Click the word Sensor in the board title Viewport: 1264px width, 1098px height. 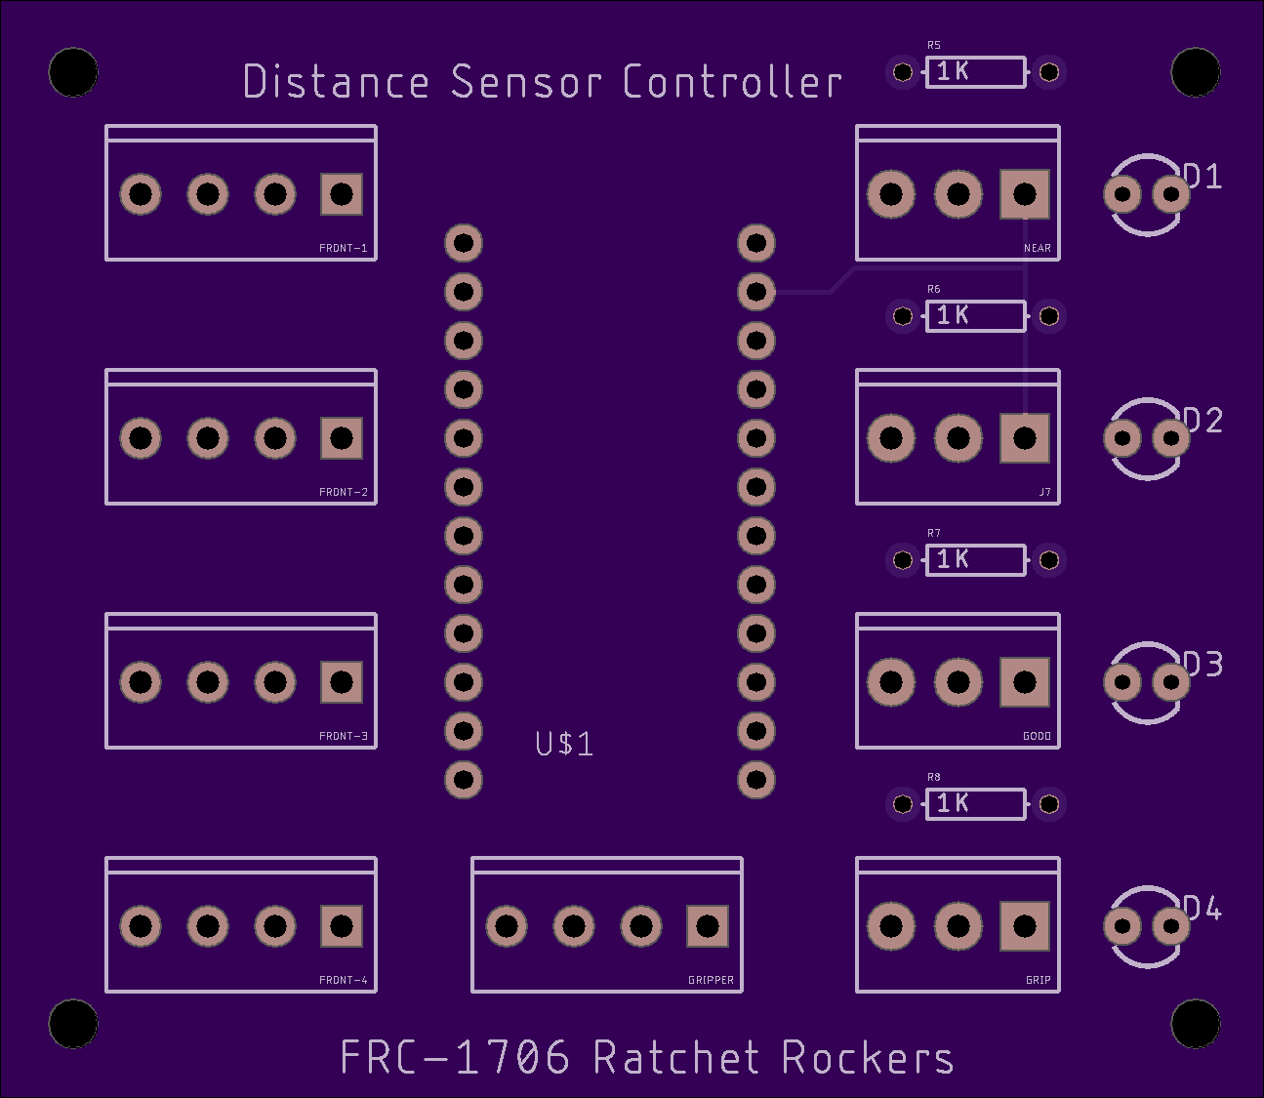[526, 82]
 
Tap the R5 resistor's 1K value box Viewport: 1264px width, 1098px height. [975, 72]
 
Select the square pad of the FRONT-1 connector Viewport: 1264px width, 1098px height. [342, 194]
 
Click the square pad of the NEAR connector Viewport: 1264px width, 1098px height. [1024, 194]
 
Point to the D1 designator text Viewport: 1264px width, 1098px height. [1203, 177]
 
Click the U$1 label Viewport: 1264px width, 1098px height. [564, 744]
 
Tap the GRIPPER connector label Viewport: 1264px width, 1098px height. [711, 980]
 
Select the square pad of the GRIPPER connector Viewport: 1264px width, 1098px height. [708, 926]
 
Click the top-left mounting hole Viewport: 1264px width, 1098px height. [73, 72]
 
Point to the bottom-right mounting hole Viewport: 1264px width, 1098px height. [1195, 1024]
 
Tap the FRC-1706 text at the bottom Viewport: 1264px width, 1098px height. [455, 1058]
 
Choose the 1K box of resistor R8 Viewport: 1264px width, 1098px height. [975, 803]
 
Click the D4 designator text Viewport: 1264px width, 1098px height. [1203, 909]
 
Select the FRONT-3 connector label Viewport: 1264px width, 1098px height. [344, 736]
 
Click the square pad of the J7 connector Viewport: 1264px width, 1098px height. [1024, 438]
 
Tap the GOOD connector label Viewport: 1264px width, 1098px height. [1037, 736]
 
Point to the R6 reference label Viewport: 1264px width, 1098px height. [934, 289]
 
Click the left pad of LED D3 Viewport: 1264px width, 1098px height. [1122, 682]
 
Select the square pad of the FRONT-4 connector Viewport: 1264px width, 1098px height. [342, 926]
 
